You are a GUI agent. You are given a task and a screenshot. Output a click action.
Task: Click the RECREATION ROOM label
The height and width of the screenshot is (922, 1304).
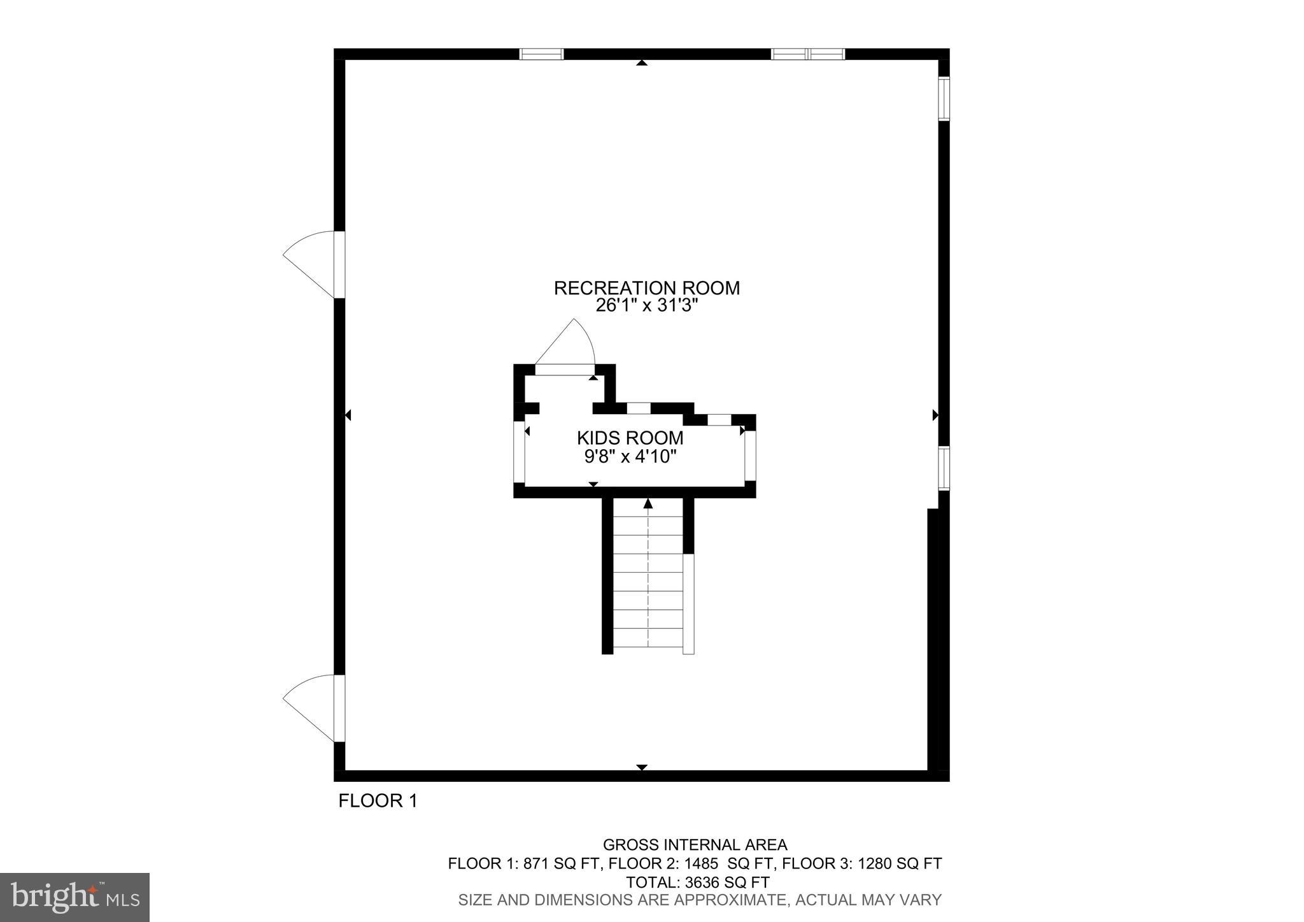pos(646,288)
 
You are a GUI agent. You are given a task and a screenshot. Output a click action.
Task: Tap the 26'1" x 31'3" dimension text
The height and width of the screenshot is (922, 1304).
pos(646,306)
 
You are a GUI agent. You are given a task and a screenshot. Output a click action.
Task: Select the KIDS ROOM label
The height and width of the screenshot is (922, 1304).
pos(630,438)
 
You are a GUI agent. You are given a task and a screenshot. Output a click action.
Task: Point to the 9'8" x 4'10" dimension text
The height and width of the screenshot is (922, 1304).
pos(630,456)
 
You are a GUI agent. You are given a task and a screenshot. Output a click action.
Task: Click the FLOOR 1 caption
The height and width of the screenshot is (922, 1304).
pos(378,801)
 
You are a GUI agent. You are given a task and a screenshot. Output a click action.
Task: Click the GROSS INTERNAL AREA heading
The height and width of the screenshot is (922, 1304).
pos(695,845)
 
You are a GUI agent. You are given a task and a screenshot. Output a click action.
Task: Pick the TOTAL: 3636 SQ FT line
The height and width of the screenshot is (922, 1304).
pos(697,882)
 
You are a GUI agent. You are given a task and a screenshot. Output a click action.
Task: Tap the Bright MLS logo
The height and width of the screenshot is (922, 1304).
pos(75,897)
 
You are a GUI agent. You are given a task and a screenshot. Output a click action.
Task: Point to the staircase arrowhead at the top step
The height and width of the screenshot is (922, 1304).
pos(648,504)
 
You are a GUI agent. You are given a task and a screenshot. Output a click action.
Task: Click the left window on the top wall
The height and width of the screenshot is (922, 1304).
pos(541,54)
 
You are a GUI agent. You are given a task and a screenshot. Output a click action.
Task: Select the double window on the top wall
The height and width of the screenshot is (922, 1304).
pos(807,54)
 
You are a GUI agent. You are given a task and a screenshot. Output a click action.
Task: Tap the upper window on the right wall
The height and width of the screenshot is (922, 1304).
pos(944,99)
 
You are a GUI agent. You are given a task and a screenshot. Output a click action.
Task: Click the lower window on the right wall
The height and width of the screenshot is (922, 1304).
pos(944,468)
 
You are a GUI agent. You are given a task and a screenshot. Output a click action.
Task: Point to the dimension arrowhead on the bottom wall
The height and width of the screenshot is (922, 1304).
pos(642,767)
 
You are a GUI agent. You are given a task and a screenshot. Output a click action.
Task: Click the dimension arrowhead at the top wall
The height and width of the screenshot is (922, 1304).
pos(642,62)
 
